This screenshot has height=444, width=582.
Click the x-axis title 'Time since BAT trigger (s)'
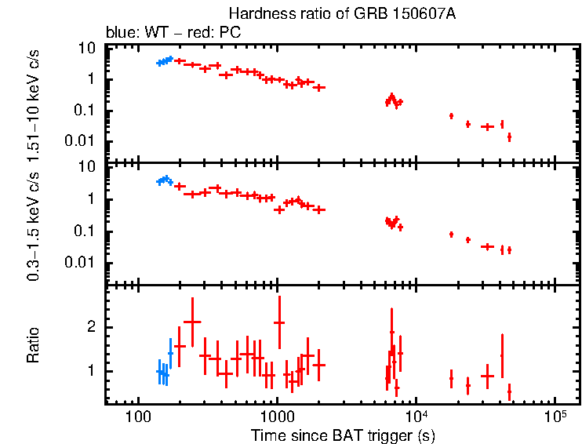click(343, 434)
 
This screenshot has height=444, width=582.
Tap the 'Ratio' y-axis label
click(34, 345)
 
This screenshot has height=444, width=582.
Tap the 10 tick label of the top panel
click(87, 49)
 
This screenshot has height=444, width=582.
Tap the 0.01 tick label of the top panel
click(82, 142)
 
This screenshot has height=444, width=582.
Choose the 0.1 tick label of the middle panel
click(85, 231)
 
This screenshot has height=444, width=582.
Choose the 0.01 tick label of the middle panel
click(82, 262)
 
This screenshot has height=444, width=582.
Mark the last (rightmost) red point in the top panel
click(509, 136)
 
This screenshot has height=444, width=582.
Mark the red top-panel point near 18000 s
click(451, 116)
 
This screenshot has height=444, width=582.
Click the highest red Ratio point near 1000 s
click(278, 322)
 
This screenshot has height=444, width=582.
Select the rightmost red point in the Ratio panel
click(509, 391)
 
